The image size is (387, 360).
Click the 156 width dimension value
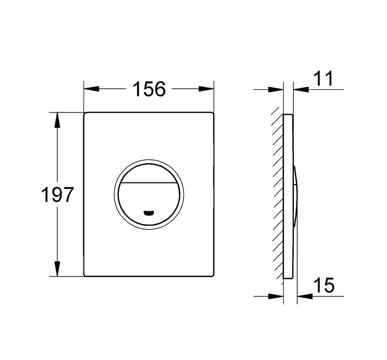coord(149,89)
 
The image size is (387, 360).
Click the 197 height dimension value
coord(58,195)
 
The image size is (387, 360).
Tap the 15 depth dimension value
coord(323,286)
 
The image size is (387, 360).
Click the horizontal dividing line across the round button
coord(148,182)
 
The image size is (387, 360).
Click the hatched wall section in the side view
coord(277,193)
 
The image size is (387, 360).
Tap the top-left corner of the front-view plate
coord(85,113)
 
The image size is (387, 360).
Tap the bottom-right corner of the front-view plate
coord(213,275)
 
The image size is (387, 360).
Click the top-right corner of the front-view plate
coord(213,113)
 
